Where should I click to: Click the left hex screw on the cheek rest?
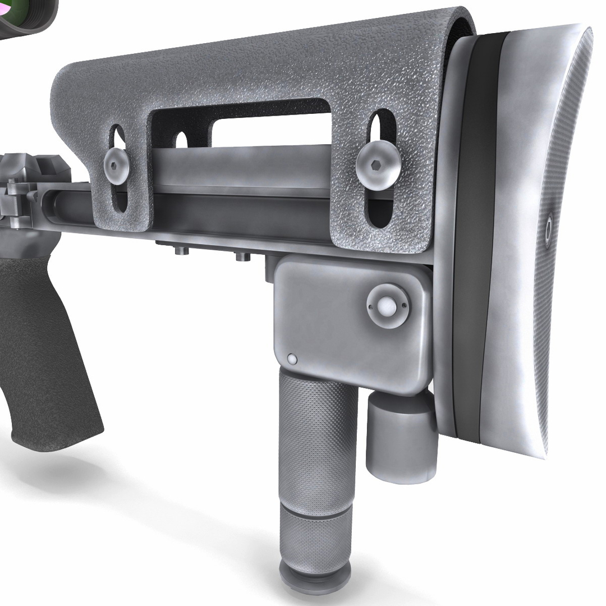pos(117,164)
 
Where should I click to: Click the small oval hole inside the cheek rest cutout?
pos(181,140)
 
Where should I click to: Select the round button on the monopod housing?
pos(388,306)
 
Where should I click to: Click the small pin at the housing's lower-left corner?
pos(292,359)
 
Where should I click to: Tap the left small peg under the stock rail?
pos(181,251)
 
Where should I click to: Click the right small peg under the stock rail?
pos(242,256)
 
